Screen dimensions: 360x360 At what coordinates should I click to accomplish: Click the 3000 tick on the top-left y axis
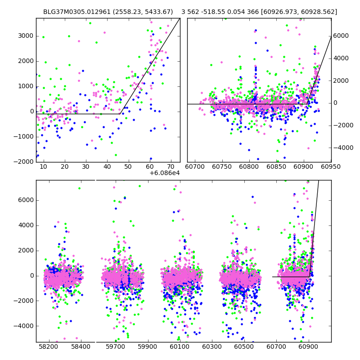click(26, 36)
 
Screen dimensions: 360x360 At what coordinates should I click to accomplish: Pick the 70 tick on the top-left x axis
click(171, 167)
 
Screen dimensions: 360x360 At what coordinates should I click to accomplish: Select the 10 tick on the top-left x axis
click(43, 167)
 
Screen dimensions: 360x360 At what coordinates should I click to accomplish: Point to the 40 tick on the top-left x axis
click(107, 167)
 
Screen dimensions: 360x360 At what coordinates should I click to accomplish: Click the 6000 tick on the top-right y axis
click(342, 36)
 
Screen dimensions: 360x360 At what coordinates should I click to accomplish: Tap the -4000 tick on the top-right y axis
click(342, 148)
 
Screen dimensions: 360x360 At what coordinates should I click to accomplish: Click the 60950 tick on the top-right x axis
click(331, 167)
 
